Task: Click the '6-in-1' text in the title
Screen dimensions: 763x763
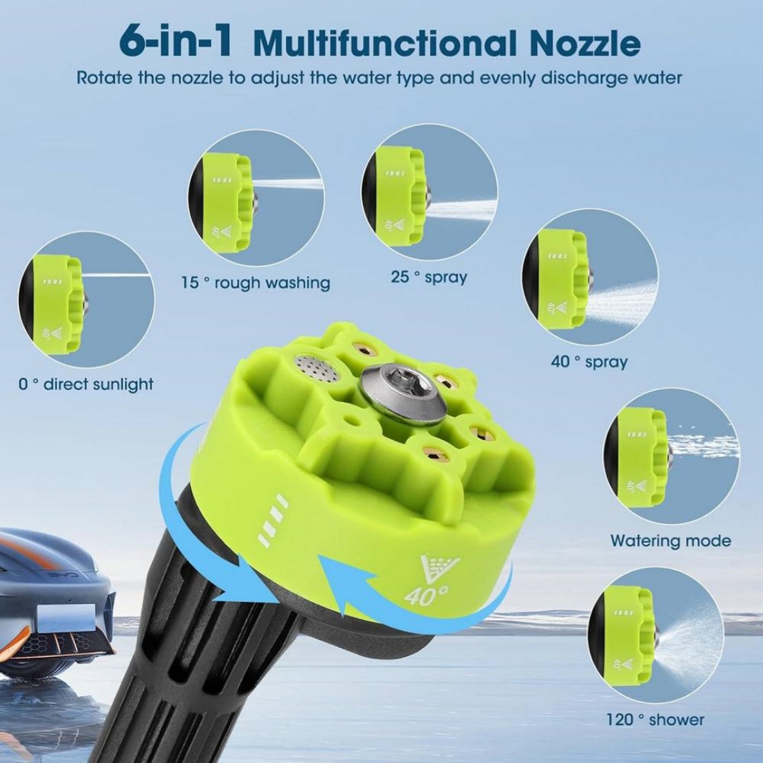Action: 175,42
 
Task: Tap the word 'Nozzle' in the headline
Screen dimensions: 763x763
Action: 586,43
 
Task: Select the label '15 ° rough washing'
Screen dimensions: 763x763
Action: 256,283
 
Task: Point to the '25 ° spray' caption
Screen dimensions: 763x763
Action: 429,277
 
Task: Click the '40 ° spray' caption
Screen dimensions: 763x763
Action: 589,362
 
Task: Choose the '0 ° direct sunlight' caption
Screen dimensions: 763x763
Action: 85,384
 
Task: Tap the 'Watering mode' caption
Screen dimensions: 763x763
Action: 670,540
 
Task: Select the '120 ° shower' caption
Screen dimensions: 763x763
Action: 655,719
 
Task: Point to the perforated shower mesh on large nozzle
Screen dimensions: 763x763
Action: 317,367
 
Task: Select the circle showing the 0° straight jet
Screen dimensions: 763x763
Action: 86,300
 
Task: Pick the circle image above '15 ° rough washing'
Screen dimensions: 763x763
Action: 256,197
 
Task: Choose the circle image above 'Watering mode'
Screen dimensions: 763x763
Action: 672,456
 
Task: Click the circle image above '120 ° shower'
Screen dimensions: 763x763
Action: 656,635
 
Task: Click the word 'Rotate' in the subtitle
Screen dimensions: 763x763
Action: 104,78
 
